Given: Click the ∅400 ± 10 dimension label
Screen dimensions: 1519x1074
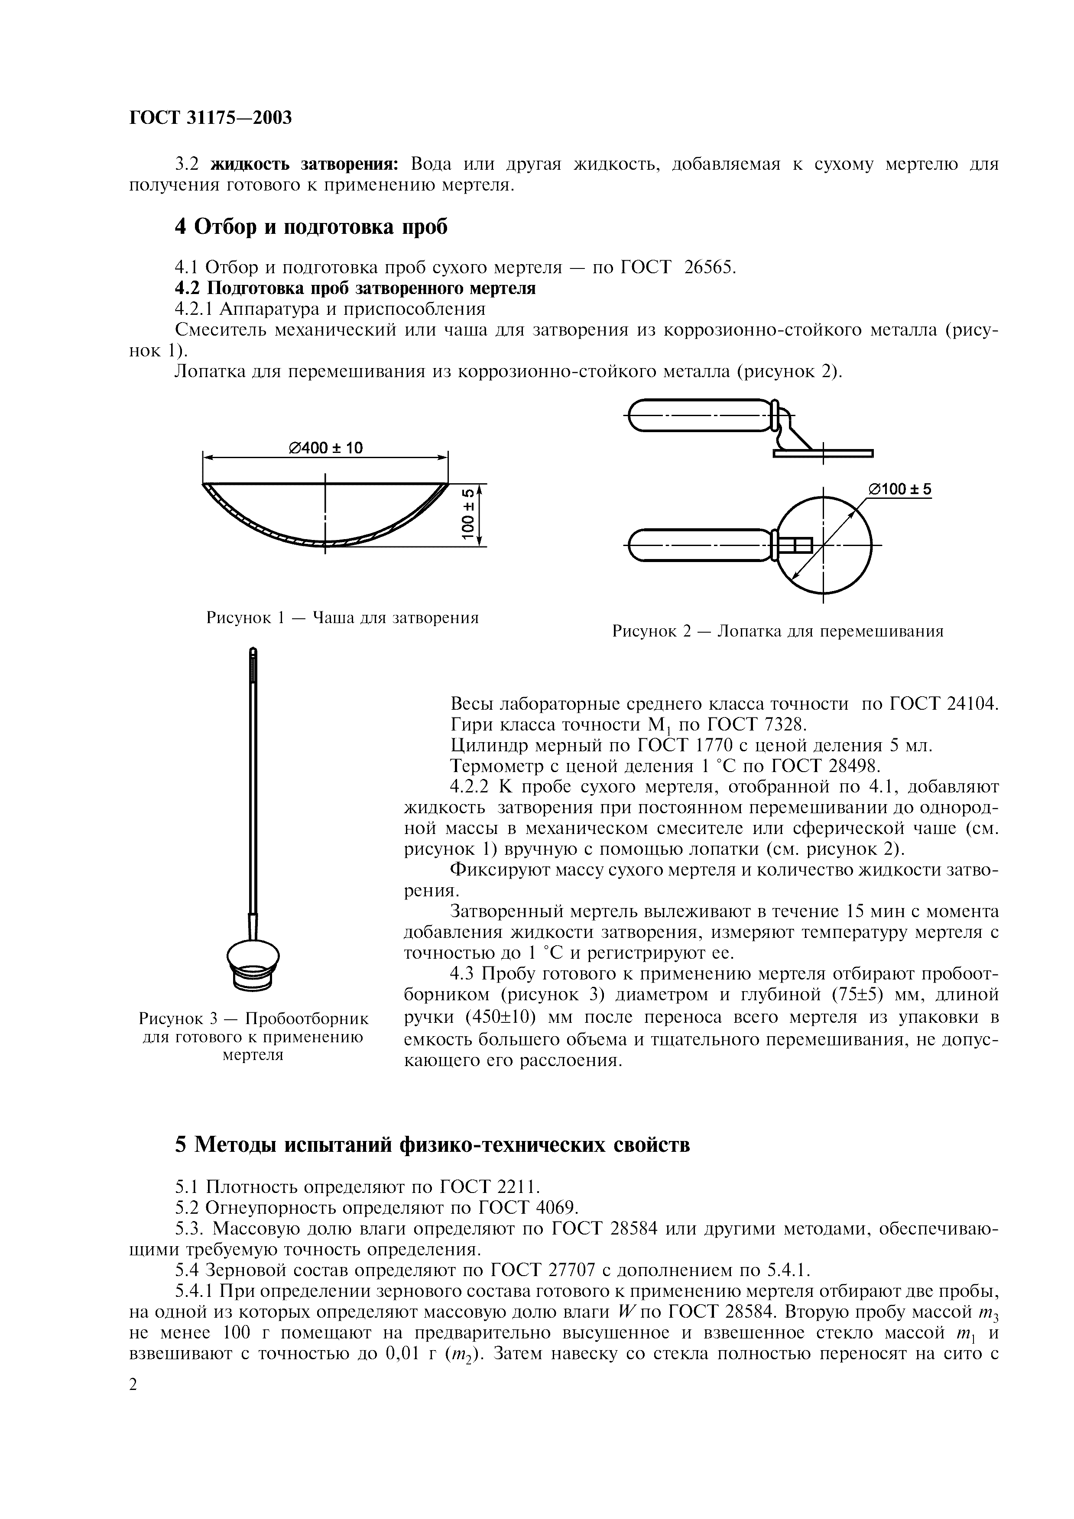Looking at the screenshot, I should click(325, 448).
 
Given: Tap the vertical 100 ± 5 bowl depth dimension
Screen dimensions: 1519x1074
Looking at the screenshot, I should click(468, 514).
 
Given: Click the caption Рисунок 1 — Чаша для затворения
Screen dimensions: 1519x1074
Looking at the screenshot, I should click(342, 618).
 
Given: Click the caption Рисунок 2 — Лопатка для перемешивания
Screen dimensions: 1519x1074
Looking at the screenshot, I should click(778, 631).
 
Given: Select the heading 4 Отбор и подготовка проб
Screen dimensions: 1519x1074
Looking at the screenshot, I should click(311, 226).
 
